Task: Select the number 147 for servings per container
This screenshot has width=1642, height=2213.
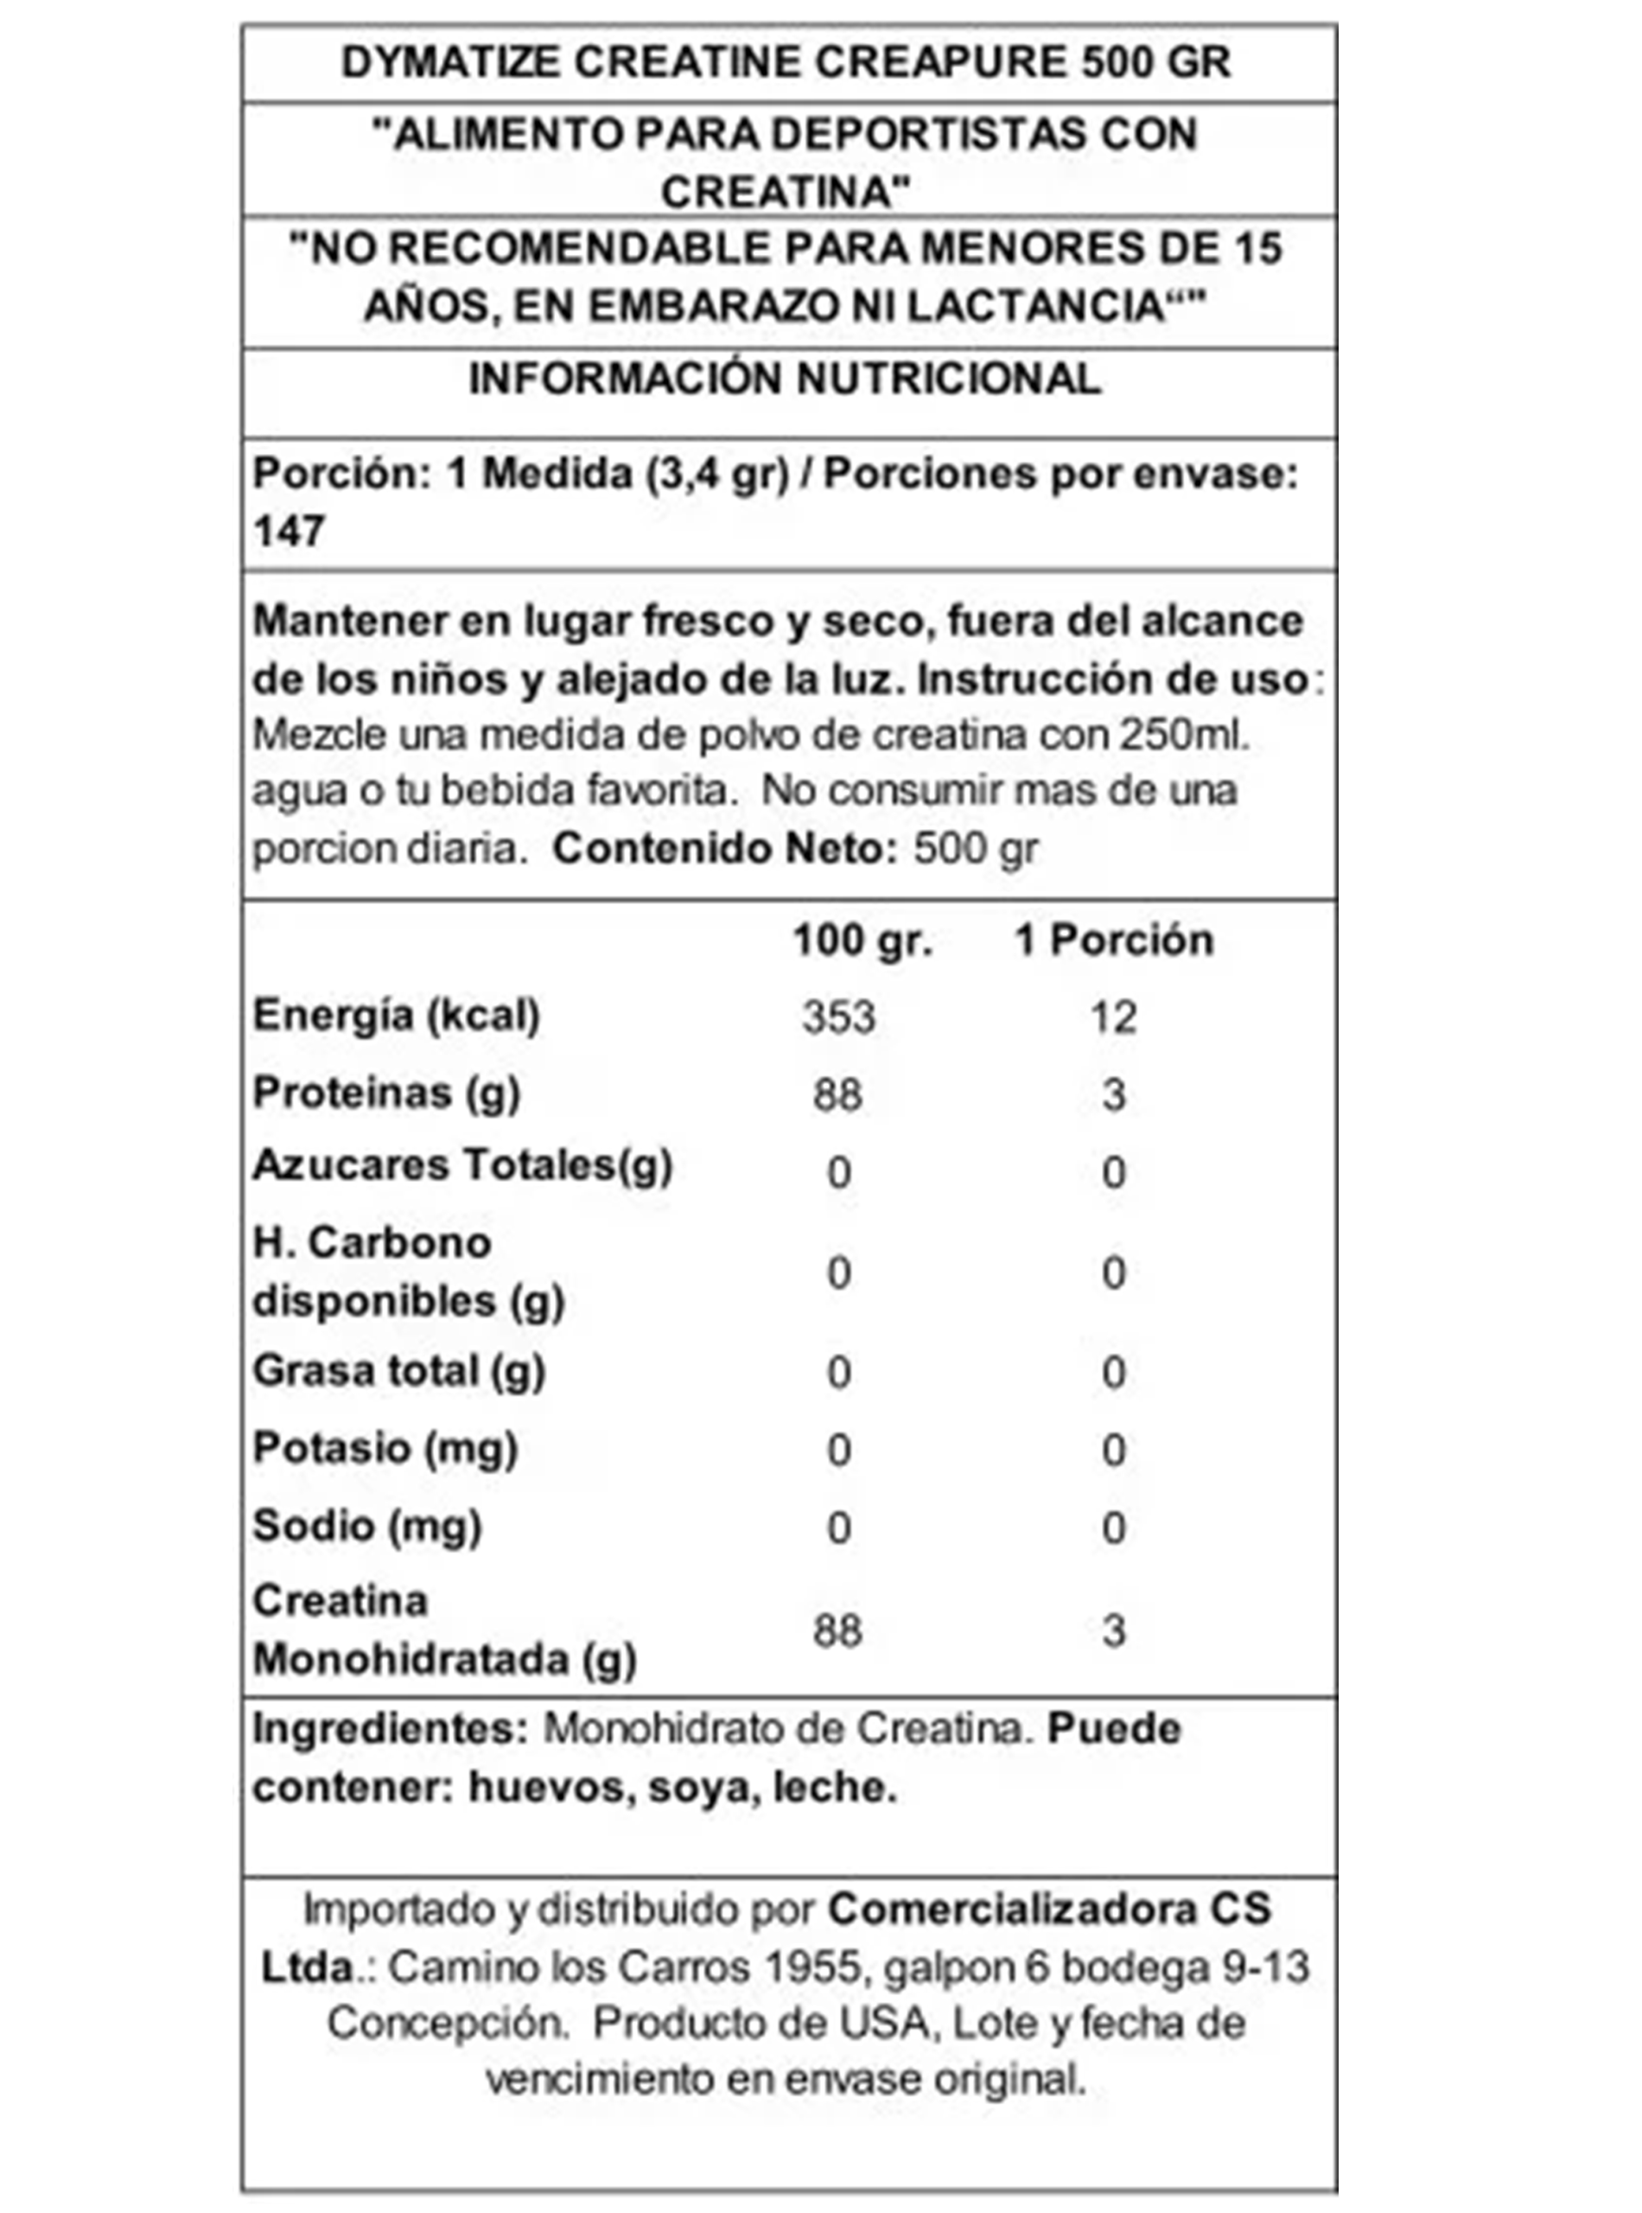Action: coord(289,531)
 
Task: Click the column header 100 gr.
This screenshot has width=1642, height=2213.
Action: coord(862,941)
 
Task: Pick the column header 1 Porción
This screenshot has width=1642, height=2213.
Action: coord(1113,941)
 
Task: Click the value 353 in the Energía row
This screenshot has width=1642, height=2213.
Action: coord(839,1017)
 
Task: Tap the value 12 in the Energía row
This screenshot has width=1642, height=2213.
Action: coord(1112,1017)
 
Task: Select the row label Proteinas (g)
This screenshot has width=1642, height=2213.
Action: coord(386,1093)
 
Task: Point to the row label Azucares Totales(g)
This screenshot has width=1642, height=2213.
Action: coord(462,1165)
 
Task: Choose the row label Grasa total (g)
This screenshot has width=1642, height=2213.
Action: coord(398,1371)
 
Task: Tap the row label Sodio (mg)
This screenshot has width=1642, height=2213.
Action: coord(366,1525)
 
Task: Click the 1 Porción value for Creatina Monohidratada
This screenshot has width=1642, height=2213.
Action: coord(1113,1630)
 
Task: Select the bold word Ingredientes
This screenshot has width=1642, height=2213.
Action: coord(390,1729)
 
